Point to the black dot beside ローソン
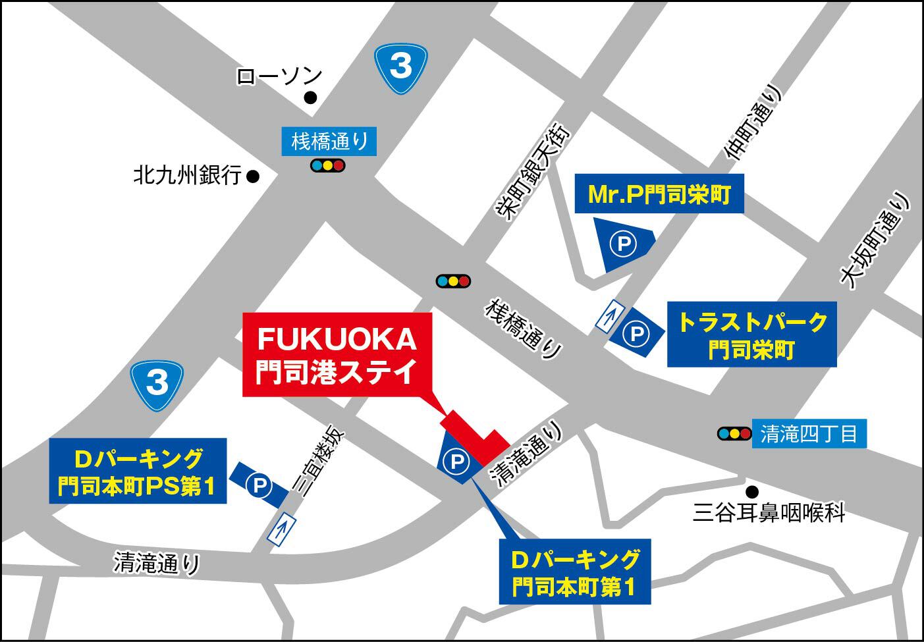310,98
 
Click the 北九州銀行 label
187,176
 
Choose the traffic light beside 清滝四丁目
734,434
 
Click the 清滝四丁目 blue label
809,435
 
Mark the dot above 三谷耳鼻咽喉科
751,491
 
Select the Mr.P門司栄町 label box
659,194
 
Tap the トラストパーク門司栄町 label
751,334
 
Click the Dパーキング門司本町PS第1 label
137,471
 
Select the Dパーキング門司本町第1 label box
575,572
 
